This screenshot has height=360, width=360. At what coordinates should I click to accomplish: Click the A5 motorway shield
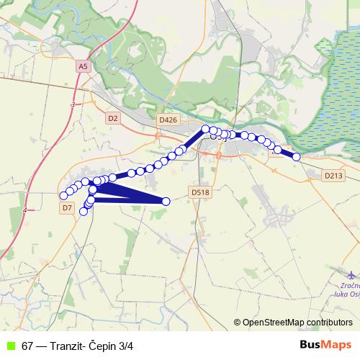[x=83, y=66]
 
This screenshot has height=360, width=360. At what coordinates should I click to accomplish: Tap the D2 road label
[x=112, y=117]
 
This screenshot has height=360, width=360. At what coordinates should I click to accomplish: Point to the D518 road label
[x=200, y=192]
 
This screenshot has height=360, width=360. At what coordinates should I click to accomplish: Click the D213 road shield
[x=333, y=175]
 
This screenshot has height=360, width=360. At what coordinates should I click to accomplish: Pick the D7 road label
[x=68, y=207]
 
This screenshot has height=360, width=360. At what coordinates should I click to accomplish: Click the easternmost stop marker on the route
[x=296, y=156]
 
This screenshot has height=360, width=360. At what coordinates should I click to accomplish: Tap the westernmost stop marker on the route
[x=63, y=195]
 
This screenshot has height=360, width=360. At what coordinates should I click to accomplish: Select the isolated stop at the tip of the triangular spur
[x=166, y=202]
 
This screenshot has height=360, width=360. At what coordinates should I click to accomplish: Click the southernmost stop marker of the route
[x=84, y=211]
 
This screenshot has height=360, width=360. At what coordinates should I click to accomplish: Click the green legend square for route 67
[x=10, y=346]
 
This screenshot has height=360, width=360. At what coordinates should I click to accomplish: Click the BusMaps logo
[x=325, y=345]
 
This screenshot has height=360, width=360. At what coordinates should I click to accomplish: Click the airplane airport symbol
[x=351, y=276]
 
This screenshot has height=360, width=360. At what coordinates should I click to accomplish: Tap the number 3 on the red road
[x=73, y=105]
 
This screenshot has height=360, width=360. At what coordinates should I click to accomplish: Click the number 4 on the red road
[x=24, y=210]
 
